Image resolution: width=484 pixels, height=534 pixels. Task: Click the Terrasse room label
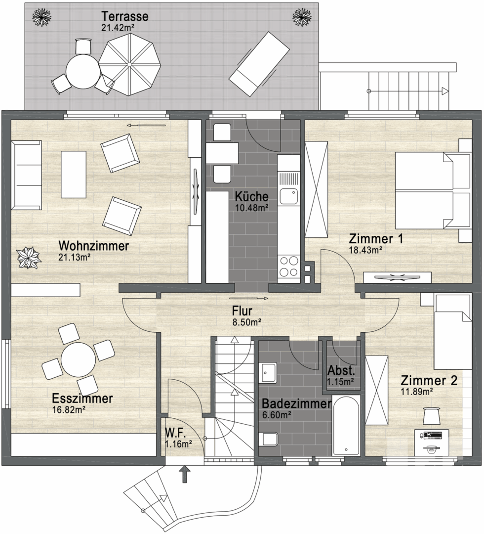point(125,16)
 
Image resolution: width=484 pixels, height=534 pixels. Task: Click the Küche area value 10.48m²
point(251,208)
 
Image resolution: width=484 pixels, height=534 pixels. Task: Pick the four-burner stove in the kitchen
point(288,266)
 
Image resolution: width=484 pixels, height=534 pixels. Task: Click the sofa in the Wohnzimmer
point(27,176)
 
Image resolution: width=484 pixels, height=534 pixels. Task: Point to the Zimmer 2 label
point(429,381)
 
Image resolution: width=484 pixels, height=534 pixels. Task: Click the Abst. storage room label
point(340,371)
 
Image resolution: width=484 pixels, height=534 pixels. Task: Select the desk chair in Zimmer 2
point(432,415)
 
